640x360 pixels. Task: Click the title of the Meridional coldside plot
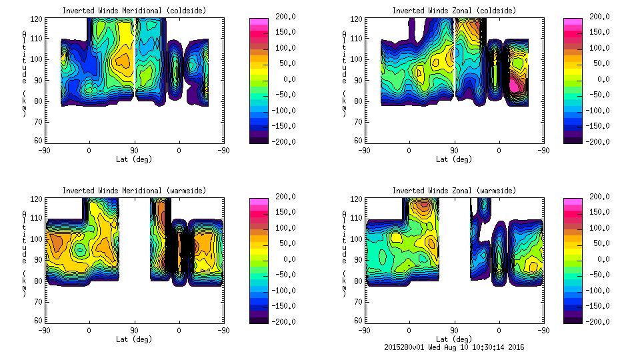click(134, 11)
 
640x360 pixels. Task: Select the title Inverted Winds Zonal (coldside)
click(454, 11)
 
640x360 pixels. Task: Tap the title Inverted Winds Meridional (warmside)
click(134, 191)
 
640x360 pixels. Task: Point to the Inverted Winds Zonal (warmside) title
click(454, 191)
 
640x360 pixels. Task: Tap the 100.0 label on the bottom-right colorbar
click(598, 228)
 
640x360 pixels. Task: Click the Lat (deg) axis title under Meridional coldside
click(134, 159)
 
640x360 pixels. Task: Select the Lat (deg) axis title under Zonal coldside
click(454, 159)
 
